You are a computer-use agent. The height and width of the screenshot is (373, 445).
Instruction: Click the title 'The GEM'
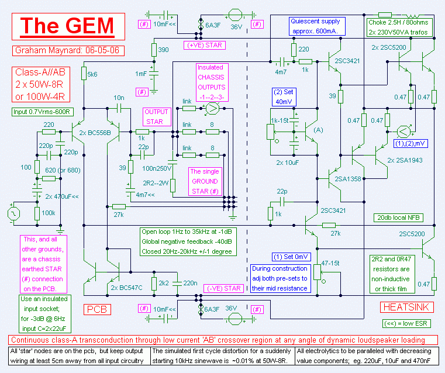(68, 26)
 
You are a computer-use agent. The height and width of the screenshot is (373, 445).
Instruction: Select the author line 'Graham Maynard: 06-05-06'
(68, 50)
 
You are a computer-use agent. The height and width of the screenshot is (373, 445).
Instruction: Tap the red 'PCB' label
(97, 309)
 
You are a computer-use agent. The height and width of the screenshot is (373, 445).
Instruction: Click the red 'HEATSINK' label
(407, 307)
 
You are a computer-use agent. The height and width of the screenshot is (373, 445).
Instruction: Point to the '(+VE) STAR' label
(204, 45)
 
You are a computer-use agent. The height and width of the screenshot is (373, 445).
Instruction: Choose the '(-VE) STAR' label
(224, 288)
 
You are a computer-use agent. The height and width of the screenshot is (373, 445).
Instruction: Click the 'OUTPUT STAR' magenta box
(157, 116)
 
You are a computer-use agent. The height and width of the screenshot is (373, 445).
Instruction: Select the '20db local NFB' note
(398, 217)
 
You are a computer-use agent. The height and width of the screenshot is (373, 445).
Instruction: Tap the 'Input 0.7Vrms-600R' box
(43, 112)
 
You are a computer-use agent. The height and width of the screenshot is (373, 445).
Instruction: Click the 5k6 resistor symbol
(84, 74)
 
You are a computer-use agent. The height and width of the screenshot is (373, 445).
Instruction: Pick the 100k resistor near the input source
(37, 213)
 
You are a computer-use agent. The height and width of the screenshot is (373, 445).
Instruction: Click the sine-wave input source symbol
(13, 213)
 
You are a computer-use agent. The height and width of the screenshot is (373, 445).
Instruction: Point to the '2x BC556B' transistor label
(95, 133)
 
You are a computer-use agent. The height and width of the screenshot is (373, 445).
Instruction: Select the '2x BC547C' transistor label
(126, 288)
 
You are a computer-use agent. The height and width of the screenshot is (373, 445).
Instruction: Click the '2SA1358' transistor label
(348, 179)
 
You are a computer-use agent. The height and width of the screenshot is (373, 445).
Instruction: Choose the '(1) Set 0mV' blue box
(291, 257)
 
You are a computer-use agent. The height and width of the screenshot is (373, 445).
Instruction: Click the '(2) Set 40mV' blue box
(284, 96)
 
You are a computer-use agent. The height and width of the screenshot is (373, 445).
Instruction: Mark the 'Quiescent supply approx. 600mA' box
(317, 26)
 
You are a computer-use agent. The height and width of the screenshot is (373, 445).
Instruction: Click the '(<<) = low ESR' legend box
(406, 323)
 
